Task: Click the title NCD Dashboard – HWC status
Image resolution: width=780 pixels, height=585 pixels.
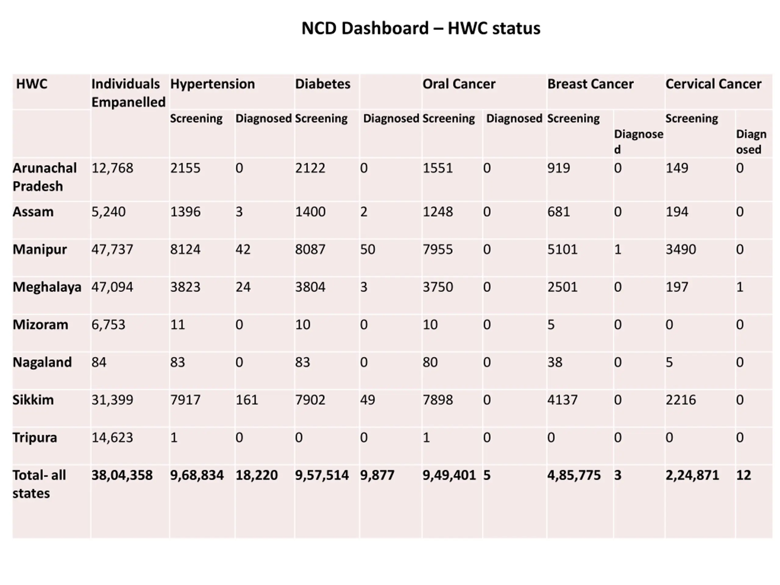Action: [x=421, y=28]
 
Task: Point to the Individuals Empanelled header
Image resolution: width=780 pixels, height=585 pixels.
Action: [x=128, y=93]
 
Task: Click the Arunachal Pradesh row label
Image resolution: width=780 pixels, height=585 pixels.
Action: [x=44, y=177]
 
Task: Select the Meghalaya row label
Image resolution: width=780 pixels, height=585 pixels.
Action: [x=47, y=287]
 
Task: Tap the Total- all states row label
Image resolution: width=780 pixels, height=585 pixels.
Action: [x=39, y=484]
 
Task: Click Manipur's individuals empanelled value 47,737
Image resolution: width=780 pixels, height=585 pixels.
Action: [x=112, y=250]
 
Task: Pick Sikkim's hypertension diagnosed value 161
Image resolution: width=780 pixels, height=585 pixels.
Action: [x=246, y=400]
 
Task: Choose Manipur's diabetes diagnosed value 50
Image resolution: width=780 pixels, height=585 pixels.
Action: [x=367, y=250]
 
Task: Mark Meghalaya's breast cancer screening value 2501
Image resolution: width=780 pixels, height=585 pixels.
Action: [x=562, y=287]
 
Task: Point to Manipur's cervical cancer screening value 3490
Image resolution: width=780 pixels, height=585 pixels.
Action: [x=681, y=250]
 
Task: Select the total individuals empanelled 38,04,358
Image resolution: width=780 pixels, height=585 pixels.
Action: [x=122, y=475]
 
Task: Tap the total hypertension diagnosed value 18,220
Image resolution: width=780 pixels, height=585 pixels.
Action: [x=256, y=475]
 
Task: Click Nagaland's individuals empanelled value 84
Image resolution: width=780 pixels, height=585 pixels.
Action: [x=99, y=363]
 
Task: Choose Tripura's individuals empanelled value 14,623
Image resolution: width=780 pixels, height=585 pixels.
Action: [x=112, y=438]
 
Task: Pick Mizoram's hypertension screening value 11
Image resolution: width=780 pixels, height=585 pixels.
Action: [x=177, y=325]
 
